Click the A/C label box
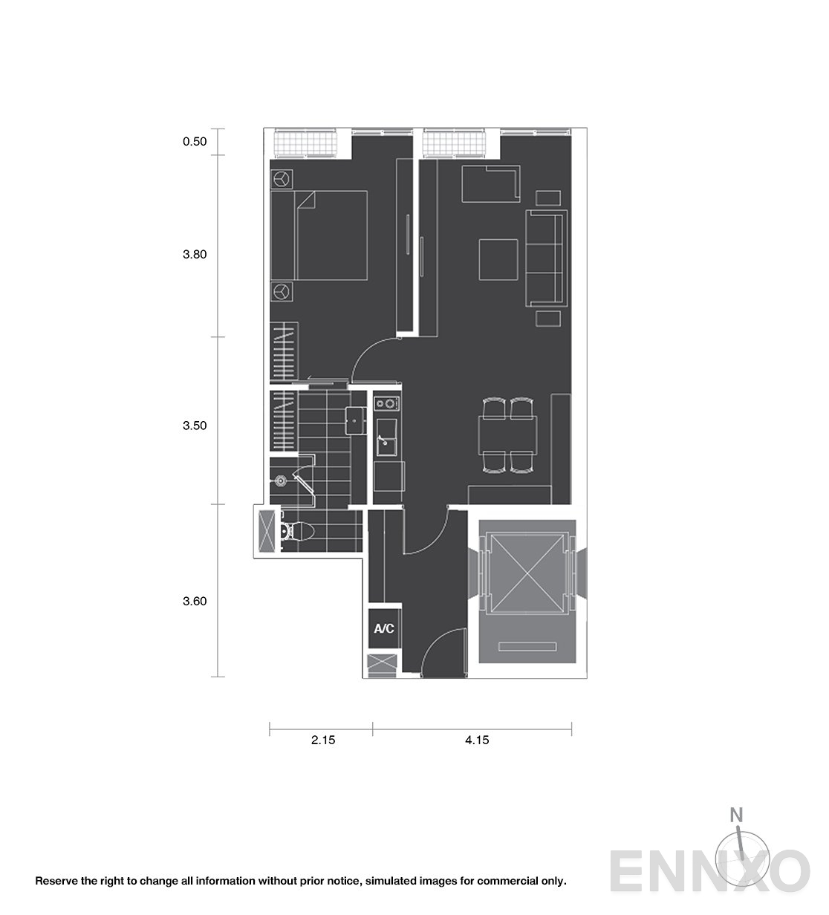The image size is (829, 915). [x=384, y=628]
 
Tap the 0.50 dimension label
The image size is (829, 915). [x=195, y=142]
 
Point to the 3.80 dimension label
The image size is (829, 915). [x=195, y=255]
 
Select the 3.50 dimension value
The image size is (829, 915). [x=195, y=426]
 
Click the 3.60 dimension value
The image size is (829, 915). [x=195, y=601]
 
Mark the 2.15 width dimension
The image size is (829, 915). [x=323, y=740]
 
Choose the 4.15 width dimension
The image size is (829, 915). [x=477, y=740]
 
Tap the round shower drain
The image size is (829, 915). [x=280, y=480]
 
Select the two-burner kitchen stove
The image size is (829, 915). [x=387, y=404]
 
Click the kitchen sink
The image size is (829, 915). [x=386, y=438]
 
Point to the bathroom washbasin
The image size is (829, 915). [x=355, y=420]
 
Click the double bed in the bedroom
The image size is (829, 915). [x=319, y=235]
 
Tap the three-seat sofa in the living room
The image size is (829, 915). [x=547, y=258]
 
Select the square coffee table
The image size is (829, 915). [x=498, y=259]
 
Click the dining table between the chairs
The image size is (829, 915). [x=507, y=435]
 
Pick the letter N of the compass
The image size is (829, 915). [x=736, y=815]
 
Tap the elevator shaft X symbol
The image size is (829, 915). [x=527, y=573]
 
